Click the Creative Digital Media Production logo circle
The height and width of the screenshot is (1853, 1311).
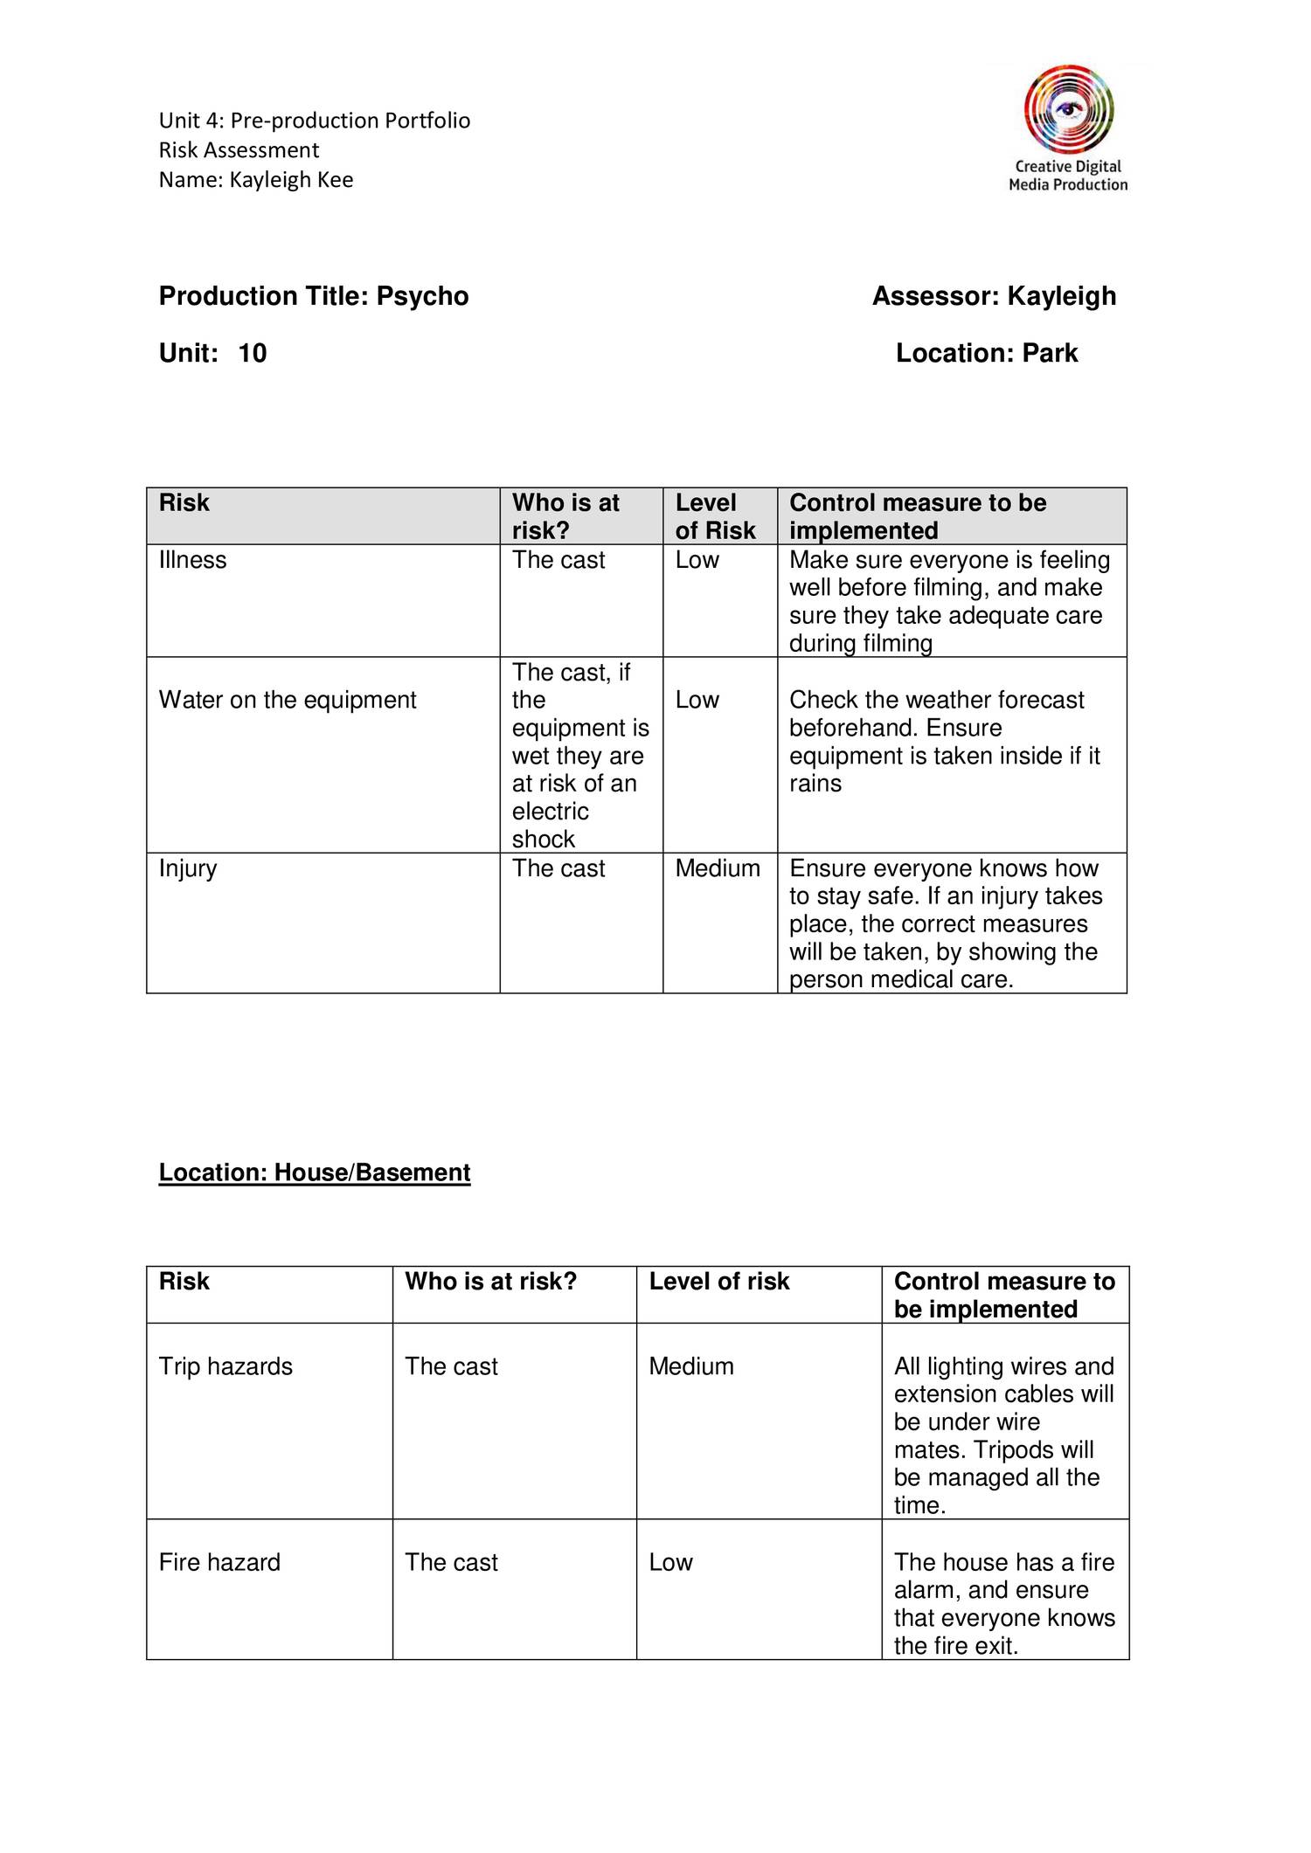click(1068, 110)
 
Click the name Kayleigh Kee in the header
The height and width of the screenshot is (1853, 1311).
click(291, 180)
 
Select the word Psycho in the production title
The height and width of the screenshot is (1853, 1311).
click(422, 297)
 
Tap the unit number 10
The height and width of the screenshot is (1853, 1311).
click(252, 354)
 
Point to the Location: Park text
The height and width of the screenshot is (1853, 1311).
click(986, 354)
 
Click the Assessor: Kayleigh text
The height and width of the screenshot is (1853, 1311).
click(994, 297)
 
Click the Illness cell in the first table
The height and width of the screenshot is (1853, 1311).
click(192, 560)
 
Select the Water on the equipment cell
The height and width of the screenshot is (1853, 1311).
click(288, 700)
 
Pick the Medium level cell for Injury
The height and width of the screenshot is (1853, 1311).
click(717, 868)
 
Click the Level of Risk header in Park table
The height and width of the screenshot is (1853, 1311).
click(715, 516)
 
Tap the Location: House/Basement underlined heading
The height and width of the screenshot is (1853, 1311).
click(315, 1172)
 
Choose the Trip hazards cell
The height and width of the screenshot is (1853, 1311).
click(225, 1366)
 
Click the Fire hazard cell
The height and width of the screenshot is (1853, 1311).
click(219, 1562)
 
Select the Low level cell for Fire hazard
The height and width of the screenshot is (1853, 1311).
click(670, 1562)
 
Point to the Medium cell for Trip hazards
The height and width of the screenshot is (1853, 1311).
click(690, 1366)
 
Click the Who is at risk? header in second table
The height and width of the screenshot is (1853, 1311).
click(490, 1282)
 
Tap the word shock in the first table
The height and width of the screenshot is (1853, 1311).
click(543, 840)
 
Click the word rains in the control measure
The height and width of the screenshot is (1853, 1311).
click(815, 784)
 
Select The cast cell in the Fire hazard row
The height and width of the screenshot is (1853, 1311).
click(451, 1562)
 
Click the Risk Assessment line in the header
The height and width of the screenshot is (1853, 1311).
click(239, 150)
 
